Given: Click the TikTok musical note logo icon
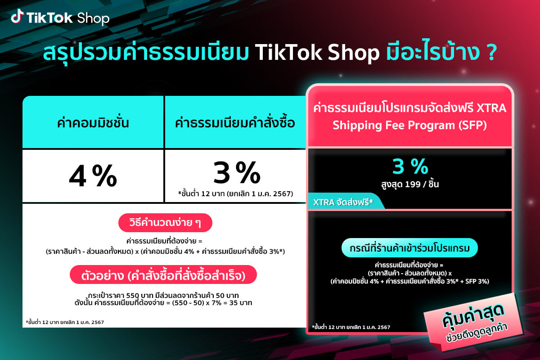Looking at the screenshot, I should click(x=17, y=17).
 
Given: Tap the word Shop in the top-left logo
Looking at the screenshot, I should click(x=93, y=18).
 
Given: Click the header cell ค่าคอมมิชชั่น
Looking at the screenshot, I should click(x=92, y=122).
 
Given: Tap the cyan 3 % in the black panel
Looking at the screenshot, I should click(x=409, y=167).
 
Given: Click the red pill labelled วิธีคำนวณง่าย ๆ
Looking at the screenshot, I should click(x=165, y=223).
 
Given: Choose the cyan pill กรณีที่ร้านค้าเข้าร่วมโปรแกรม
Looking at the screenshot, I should click(x=409, y=248).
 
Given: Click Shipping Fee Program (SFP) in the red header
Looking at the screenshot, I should click(x=409, y=125).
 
